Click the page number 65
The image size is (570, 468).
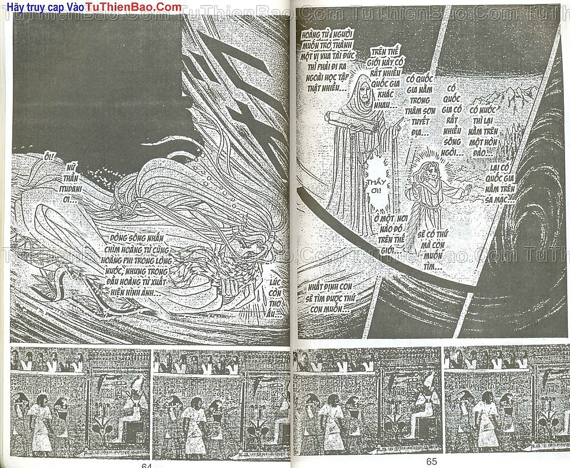[x=431, y=461]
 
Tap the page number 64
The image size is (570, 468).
[x=146, y=464]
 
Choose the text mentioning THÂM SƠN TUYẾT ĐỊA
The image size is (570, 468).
[x=421, y=106]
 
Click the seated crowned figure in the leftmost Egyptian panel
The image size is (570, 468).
[x=131, y=412]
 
